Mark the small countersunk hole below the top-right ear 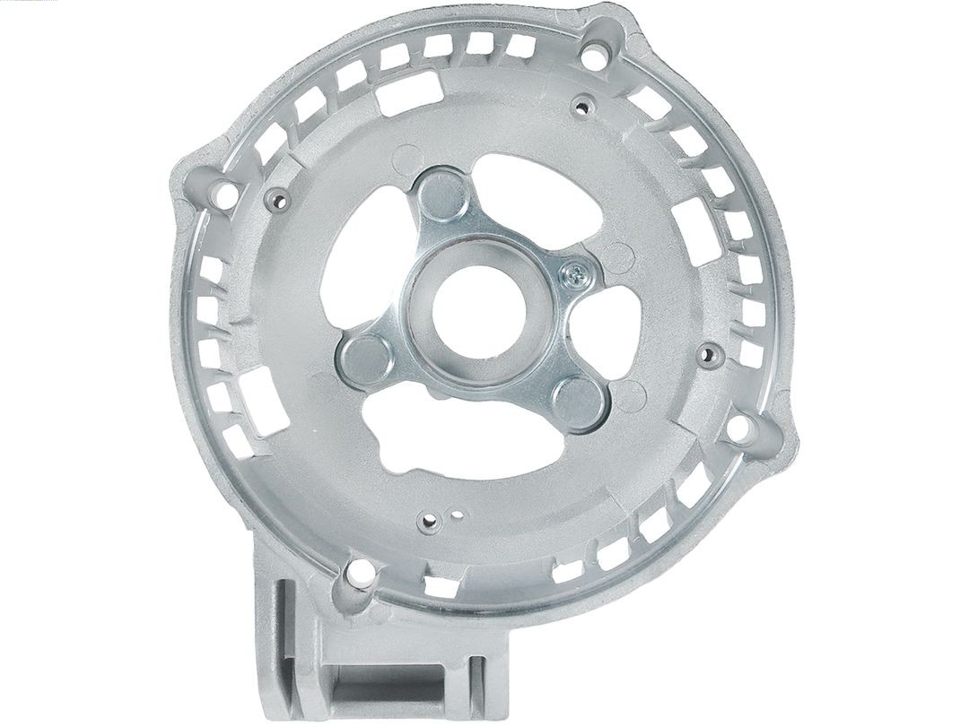point(582,108)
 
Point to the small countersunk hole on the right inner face point(711,356)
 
